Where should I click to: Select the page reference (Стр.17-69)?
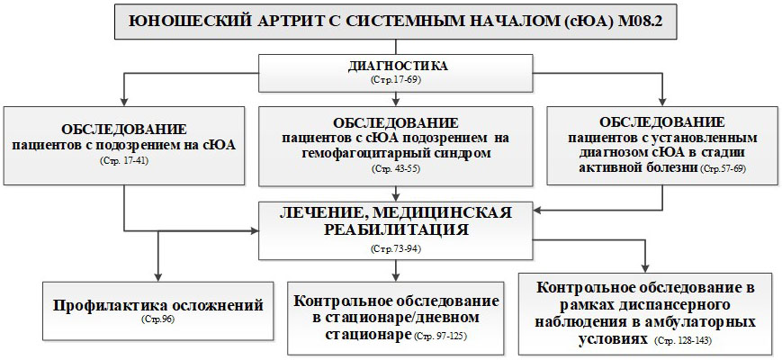pos(396,79)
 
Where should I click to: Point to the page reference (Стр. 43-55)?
pos(396,168)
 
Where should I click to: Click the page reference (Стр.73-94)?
pos(396,248)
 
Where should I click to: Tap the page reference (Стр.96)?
pos(157,319)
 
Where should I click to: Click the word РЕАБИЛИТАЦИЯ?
pos(396,229)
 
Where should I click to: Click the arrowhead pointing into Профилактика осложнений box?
pos(158,277)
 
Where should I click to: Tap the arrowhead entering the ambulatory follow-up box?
pos(647,268)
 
